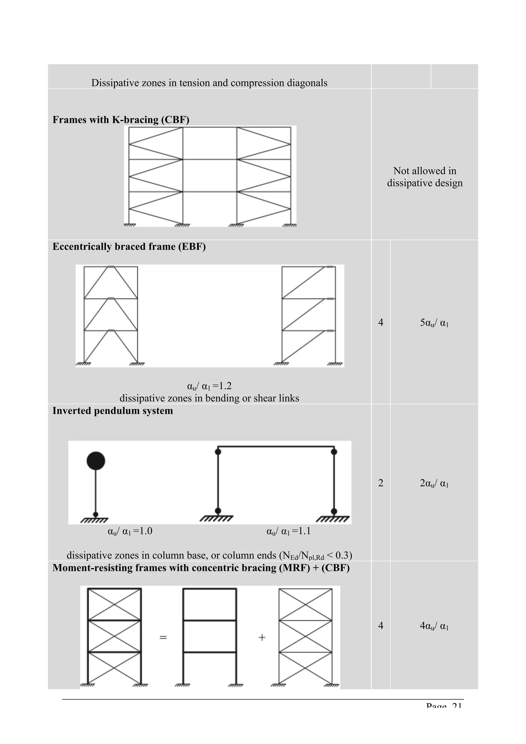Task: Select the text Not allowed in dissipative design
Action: [425, 177]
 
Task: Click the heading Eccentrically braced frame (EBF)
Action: [129, 247]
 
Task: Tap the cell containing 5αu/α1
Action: [434, 323]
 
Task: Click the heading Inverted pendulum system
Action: [112, 411]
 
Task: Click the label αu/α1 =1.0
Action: [130, 531]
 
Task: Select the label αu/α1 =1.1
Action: [288, 531]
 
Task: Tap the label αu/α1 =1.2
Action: [209, 386]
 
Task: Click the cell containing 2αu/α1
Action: [434, 483]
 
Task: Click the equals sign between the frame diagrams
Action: [163, 638]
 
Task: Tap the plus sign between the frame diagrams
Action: [262, 637]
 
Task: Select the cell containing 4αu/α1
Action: [434, 626]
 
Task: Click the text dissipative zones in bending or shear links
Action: [209, 398]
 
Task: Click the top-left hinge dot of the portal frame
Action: [218, 451]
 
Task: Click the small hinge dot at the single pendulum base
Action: [96, 514]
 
